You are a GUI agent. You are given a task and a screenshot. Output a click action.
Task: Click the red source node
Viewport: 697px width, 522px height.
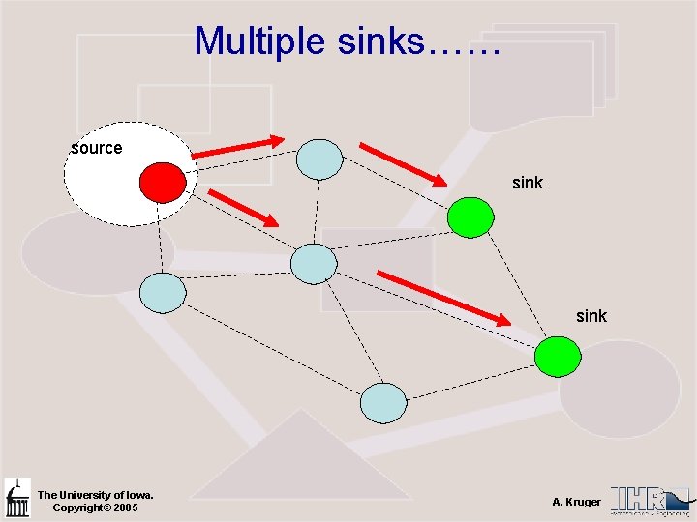[x=163, y=182]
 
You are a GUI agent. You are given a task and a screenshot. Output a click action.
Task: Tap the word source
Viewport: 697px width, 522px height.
[x=97, y=148]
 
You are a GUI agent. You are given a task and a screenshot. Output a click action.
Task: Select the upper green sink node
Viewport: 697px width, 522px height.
[x=470, y=217]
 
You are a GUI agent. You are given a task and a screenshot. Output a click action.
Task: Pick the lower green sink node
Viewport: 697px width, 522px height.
[x=559, y=357]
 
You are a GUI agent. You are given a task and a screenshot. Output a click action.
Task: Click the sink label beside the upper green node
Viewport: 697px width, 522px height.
[x=527, y=182]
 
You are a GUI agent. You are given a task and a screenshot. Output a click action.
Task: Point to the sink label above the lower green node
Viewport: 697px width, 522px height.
[x=591, y=315]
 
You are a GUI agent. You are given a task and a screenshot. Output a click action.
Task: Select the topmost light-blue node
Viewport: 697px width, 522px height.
[x=318, y=159]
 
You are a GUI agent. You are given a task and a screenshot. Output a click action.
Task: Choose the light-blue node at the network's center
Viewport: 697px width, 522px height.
[x=314, y=263]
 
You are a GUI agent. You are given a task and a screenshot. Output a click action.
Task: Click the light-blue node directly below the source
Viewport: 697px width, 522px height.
[x=163, y=293]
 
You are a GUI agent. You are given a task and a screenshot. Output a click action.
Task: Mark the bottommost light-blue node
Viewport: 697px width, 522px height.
[x=383, y=403]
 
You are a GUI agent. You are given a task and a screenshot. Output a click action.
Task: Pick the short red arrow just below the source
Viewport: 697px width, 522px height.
[x=242, y=208]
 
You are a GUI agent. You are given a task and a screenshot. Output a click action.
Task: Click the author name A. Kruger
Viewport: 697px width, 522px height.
[x=576, y=502]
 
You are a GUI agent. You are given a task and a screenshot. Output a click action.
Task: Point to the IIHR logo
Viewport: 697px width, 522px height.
[x=649, y=500]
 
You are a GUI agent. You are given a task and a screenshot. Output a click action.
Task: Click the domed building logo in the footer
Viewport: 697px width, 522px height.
[x=17, y=499]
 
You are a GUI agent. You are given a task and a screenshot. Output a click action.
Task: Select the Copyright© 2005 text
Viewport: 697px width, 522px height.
[x=95, y=507]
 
